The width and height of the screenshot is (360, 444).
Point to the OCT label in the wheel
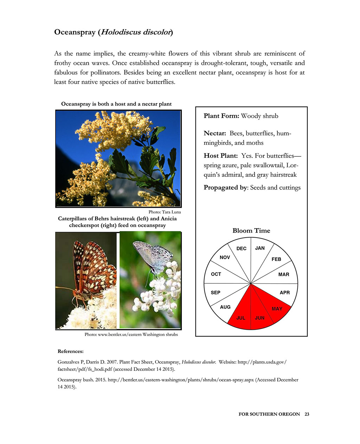tap(216, 274)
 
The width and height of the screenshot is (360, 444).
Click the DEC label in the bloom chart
tap(242, 249)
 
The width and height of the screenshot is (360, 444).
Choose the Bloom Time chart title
tap(251, 231)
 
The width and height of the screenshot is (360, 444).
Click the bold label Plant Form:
tap(221, 116)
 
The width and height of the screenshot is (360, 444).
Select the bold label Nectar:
tap(215, 134)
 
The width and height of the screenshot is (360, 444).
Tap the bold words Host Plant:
tap(221, 156)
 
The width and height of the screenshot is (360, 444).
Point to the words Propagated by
tap(225, 187)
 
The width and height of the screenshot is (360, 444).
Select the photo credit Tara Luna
tap(171, 212)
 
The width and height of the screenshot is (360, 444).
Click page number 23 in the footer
tap(307, 414)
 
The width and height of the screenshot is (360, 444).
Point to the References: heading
tap(71, 351)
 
